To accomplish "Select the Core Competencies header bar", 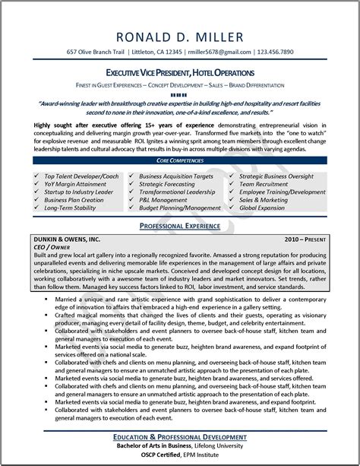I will pyautogui.click(x=180, y=163).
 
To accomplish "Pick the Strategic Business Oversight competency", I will pyautogui.click(x=282, y=176).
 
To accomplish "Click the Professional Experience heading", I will pyautogui.click(x=180, y=227).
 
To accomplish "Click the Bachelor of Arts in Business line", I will pyautogui.click(x=180, y=446).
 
